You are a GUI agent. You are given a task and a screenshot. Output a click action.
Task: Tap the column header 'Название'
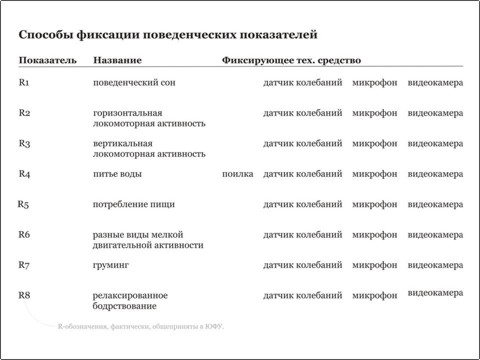(x=117, y=62)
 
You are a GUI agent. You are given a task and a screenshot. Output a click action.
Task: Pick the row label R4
(x=25, y=174)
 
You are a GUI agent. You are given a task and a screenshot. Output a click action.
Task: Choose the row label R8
(x=25, y=295)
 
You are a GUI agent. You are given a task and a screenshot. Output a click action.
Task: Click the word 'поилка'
(x=237, y=174)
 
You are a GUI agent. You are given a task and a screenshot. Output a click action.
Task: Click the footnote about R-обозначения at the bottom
(x=139, y=327)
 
